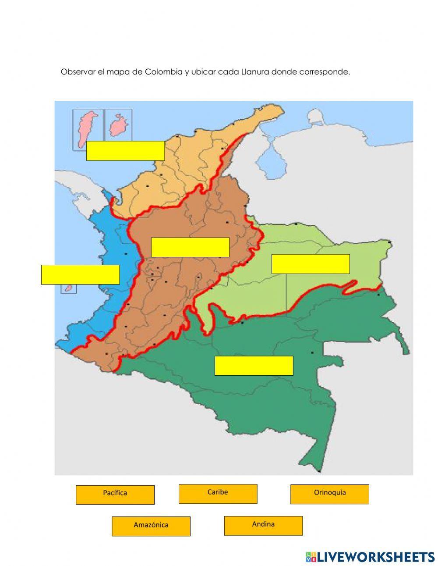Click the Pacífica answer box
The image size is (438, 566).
(115, 494)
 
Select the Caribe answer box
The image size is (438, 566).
(218, 493)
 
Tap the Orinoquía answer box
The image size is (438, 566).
(329, 494)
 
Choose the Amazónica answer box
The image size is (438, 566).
(151, 526)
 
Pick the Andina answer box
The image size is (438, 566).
(263, 525)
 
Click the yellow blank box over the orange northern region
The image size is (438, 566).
(125, 150)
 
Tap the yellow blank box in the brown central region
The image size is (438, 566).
(190, 247)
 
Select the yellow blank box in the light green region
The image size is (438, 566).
(311, 264)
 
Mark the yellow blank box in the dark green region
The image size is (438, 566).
(254, 366)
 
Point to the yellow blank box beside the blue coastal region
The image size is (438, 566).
(80, 274)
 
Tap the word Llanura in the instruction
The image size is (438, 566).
(255, 72)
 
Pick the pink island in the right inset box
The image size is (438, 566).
(117, 125)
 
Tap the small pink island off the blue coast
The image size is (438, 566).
(68, 288)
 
